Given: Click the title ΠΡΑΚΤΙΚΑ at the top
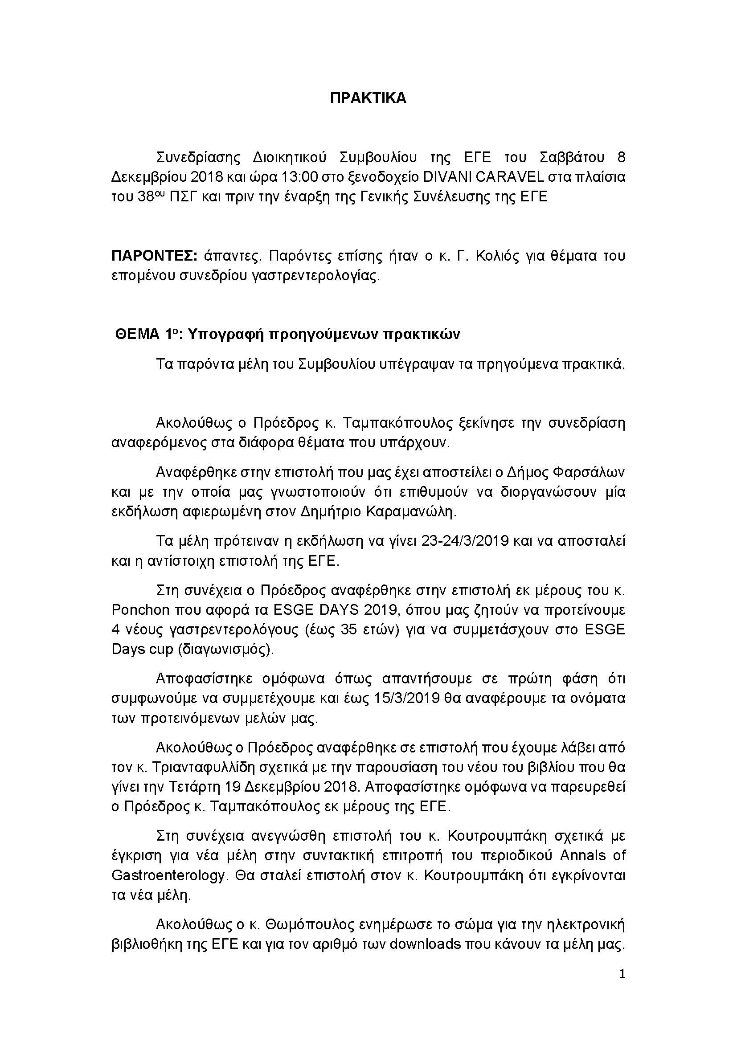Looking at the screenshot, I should pos(368,98).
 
